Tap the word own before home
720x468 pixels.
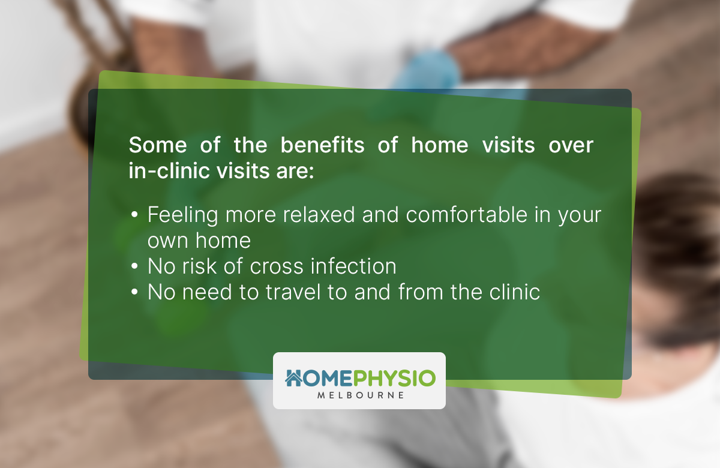(x=168, y=241)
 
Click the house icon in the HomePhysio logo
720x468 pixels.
(x=293, y=377)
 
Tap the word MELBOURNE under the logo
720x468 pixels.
(x=359, y=395)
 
